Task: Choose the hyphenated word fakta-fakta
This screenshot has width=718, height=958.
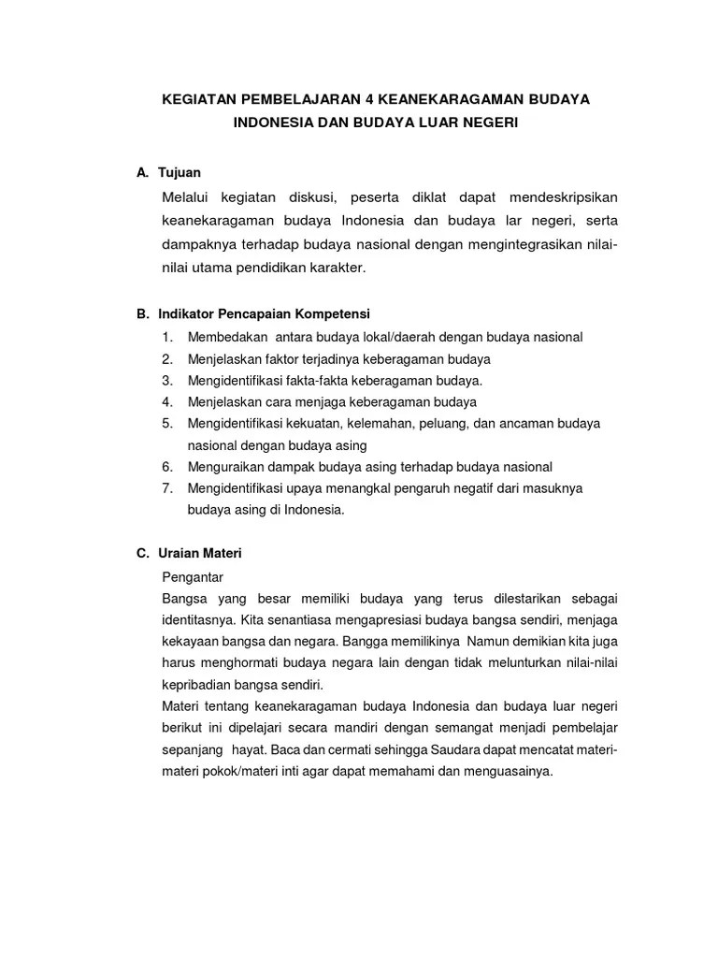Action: [x=315, y=380]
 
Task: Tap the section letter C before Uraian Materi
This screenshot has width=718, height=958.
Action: [x=142, y=554]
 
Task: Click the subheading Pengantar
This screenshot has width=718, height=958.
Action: [x=193, y=576]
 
